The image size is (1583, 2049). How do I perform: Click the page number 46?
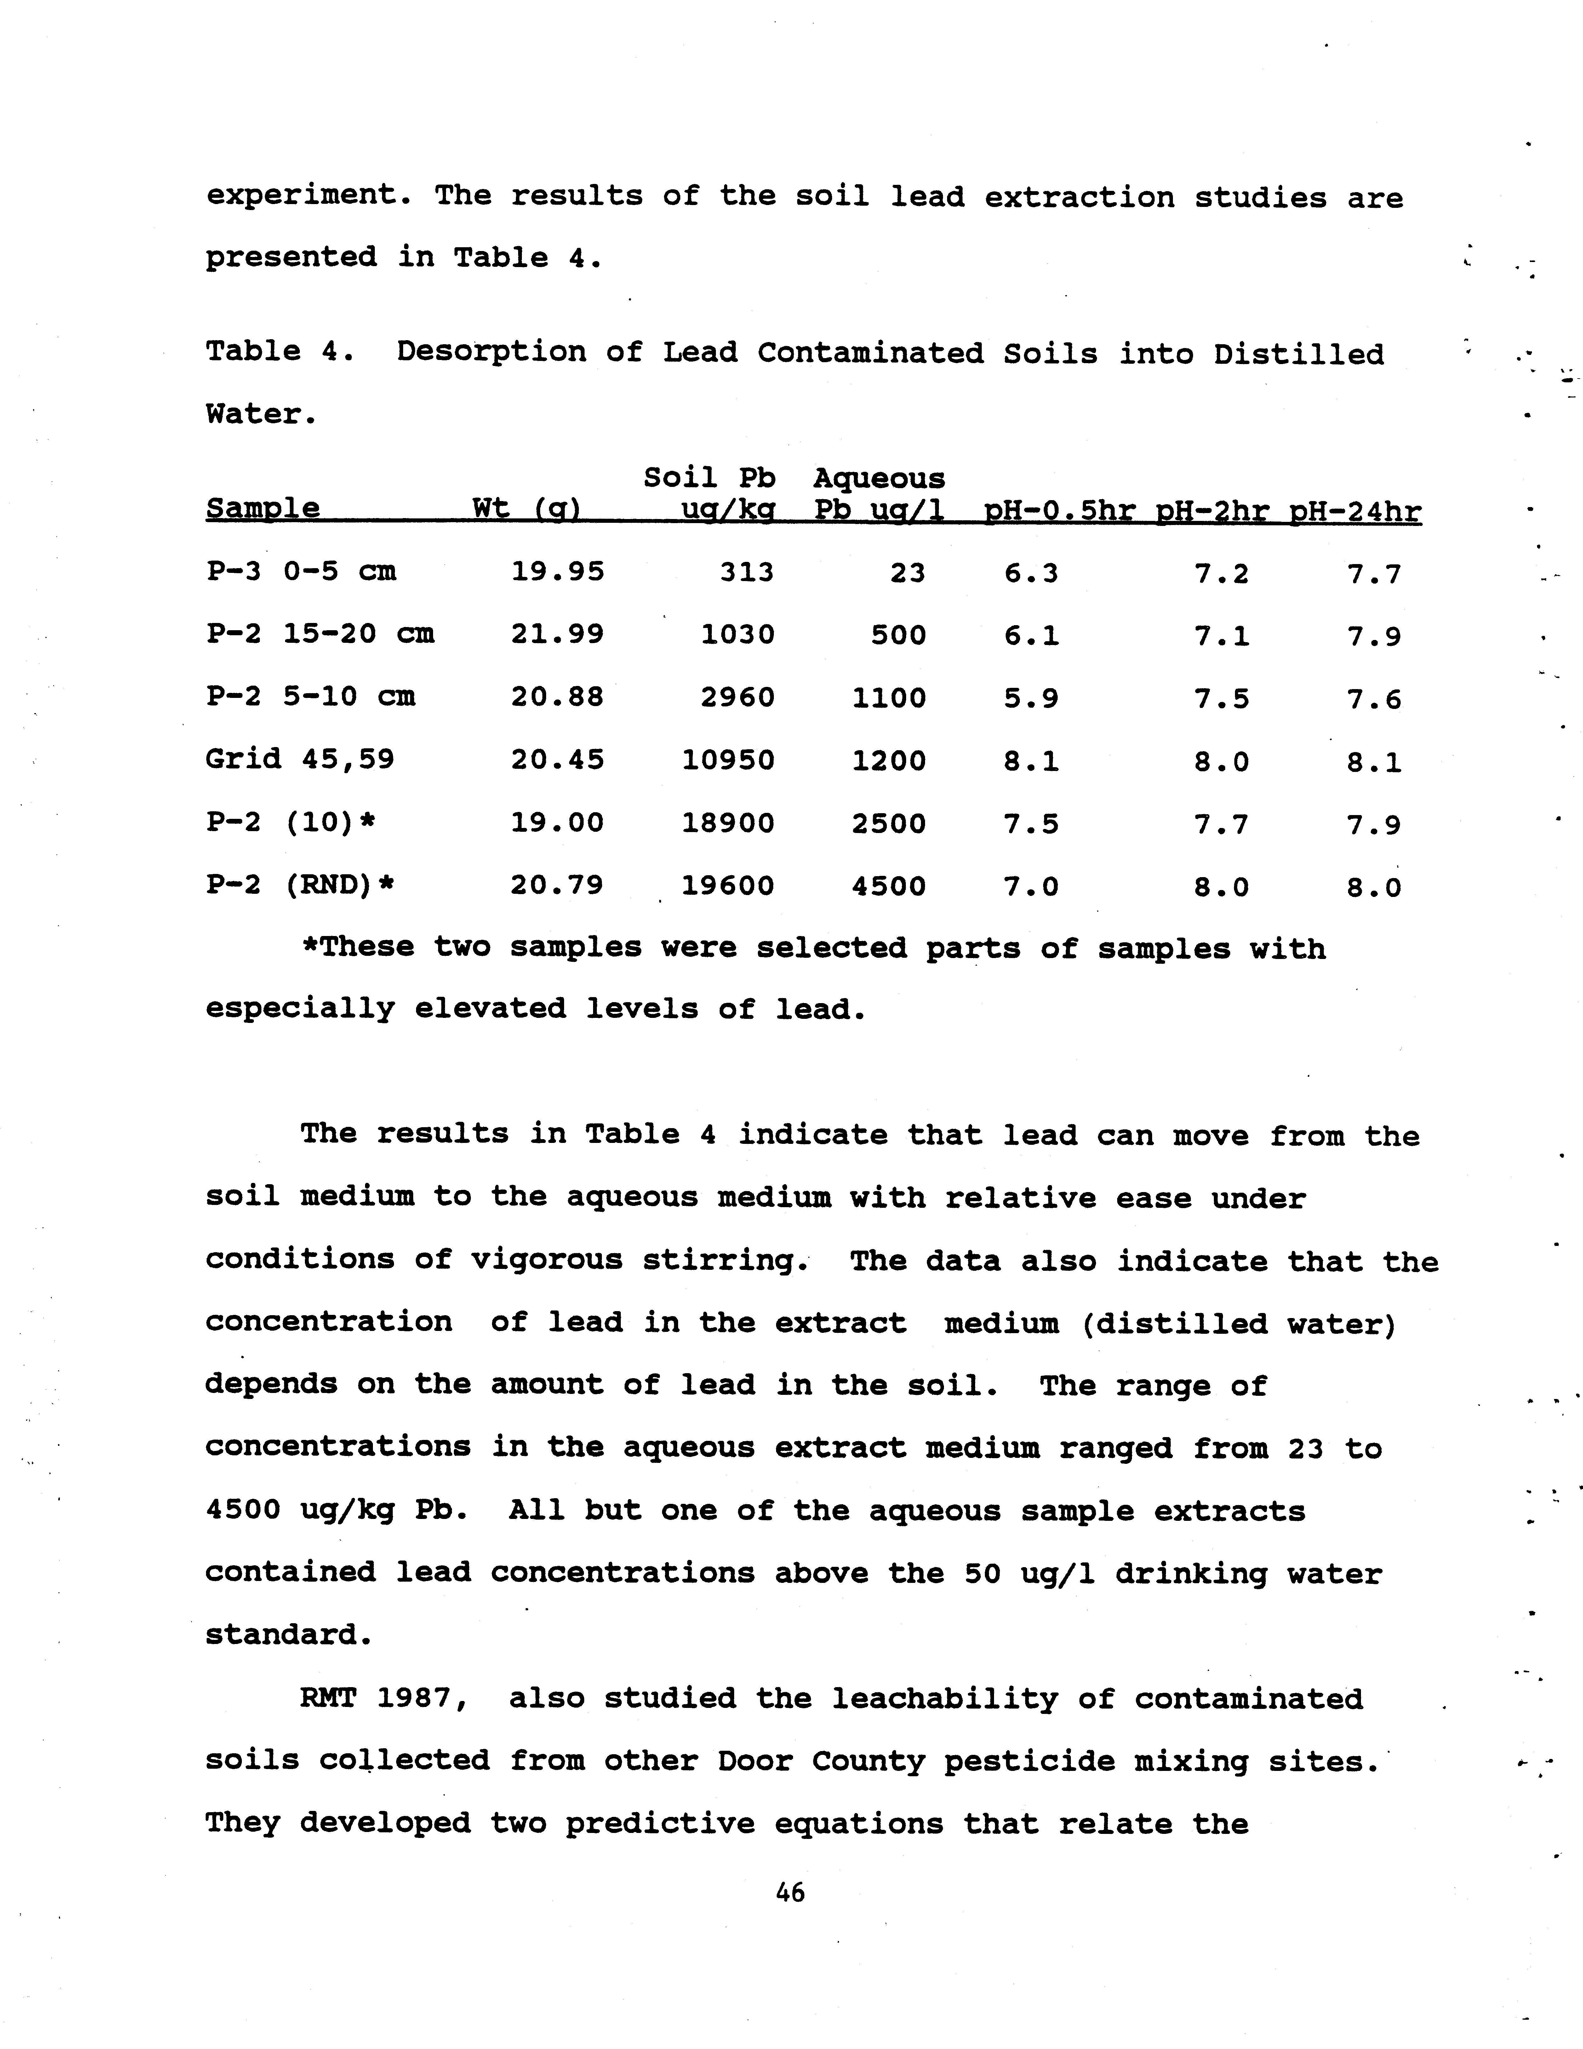tap(790, 1892)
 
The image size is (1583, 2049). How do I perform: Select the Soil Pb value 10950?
tap(728, 760)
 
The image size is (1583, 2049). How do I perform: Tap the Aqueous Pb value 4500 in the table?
tap(889, 886)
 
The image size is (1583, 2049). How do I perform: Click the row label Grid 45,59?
tap(300, 758)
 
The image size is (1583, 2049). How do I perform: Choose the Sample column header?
tap(263, 510)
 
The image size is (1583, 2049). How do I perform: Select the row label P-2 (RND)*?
tap(300, 885)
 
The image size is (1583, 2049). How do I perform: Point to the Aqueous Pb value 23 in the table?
tap(907, 572)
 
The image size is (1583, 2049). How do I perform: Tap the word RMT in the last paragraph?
tap(329, 1698)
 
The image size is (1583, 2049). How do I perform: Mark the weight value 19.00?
tap(557, 823)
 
